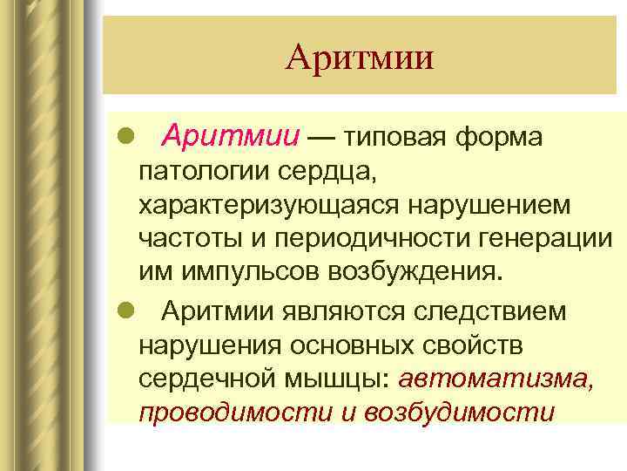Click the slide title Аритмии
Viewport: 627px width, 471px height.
click(x=359, y=58)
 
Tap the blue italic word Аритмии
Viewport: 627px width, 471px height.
click(x=232, y=136)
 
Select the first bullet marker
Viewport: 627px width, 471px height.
click(x=125, y=137)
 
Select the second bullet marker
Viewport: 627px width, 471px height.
click(x=125, y=311)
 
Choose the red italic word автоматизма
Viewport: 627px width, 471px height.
click(x=497, y=379)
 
